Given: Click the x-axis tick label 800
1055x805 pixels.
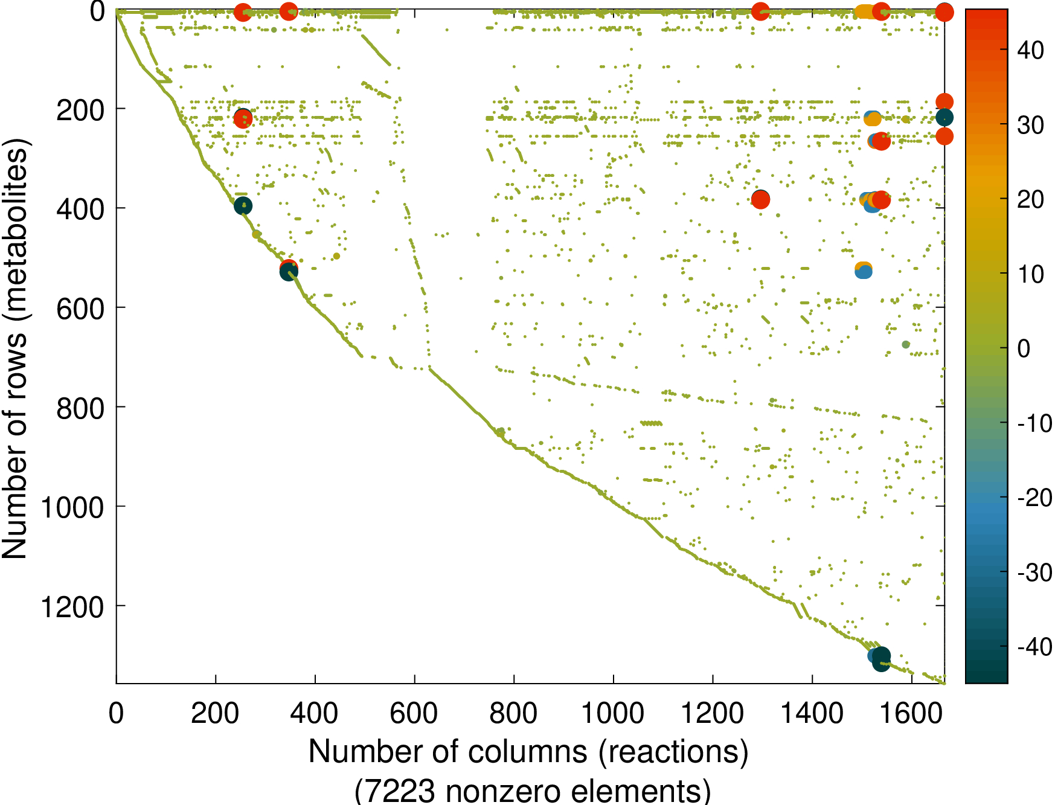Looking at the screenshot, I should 513,714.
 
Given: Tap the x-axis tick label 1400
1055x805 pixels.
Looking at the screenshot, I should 812,714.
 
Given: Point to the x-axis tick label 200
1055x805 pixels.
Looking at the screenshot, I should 215,714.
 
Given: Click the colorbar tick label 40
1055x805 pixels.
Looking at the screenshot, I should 1030,51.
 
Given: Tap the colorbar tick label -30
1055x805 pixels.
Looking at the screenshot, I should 1034,572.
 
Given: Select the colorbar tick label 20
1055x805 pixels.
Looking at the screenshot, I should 1030,199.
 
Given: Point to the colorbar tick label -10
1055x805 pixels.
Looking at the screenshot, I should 1034,423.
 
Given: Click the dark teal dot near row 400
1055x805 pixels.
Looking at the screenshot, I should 243,206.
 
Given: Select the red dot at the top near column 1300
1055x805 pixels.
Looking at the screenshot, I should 760,11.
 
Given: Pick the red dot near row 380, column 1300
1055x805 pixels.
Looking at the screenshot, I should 760,199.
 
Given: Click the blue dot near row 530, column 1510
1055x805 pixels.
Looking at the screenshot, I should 864,272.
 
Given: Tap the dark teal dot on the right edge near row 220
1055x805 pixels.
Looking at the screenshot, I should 944,117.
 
